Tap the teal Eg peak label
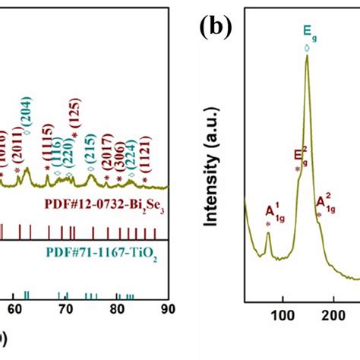coord(307,33)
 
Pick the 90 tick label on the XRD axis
coord(169,308)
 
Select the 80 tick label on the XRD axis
coord(117,308)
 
